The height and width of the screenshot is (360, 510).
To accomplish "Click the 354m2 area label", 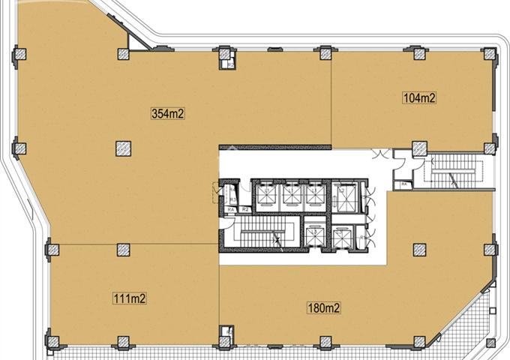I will [x=168, y=114].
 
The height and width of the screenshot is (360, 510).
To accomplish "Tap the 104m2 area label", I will [x=419, y=97].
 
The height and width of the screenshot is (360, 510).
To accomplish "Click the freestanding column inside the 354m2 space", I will [x=124, y=148].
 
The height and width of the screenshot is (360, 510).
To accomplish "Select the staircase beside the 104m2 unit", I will [x=453, y=171].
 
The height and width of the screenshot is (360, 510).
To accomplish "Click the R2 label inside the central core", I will [x=244, y=208].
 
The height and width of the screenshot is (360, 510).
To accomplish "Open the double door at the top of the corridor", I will [x=382, y=154].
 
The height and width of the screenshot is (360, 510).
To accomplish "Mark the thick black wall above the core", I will [x=274, y=147].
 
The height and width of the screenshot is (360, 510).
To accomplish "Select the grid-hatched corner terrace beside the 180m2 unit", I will [x=472, y=322].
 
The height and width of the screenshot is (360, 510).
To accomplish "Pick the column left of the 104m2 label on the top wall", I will [x=325, y=53].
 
